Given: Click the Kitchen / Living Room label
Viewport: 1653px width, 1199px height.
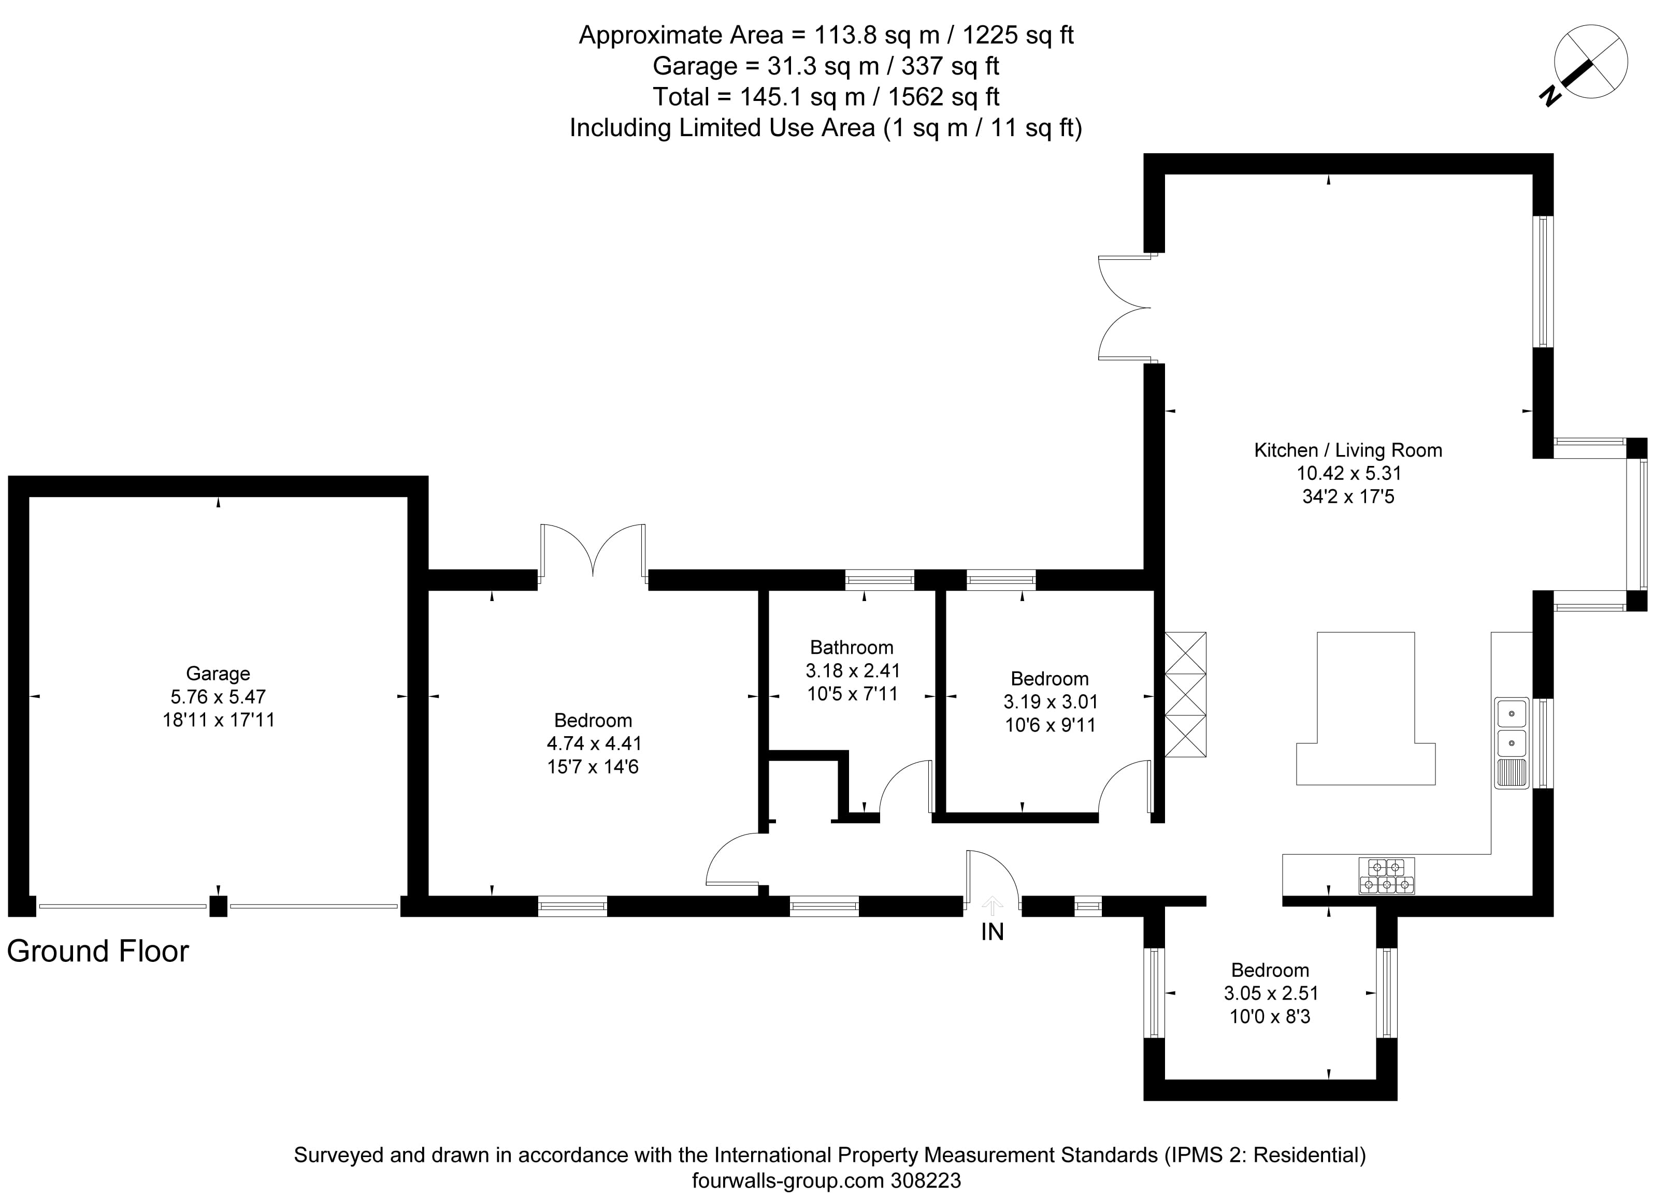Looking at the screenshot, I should point(1347,450).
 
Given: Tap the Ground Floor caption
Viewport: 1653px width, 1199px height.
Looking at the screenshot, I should point(98,952).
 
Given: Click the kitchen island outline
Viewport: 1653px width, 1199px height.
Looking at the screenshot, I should point(1365,710).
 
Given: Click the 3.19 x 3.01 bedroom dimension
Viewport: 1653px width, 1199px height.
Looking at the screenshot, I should point(1050,701).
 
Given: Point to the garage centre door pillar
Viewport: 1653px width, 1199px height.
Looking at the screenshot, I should point(218,906).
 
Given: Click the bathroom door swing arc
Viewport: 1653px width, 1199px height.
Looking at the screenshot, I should point(904,787).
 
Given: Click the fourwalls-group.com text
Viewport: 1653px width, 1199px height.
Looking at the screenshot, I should point(788,1180).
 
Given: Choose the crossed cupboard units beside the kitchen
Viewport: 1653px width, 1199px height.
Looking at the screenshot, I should point(1185,694).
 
